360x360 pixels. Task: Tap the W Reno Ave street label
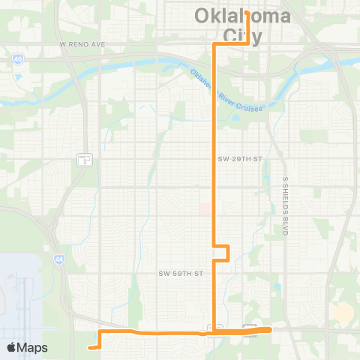tap(82, 44)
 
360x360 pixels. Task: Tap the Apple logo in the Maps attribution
tap(12, 347)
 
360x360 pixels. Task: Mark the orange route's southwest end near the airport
tap(89, 347)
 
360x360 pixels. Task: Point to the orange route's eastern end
tap(270, 329)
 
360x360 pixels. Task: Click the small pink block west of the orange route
tap(205, 209)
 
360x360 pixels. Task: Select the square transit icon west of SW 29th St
tap(85, 159)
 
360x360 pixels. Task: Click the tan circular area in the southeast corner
tap(343, 313)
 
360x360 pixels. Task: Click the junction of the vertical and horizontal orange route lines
tap(217, 331)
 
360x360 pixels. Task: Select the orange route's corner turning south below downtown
tap(216, 45)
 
